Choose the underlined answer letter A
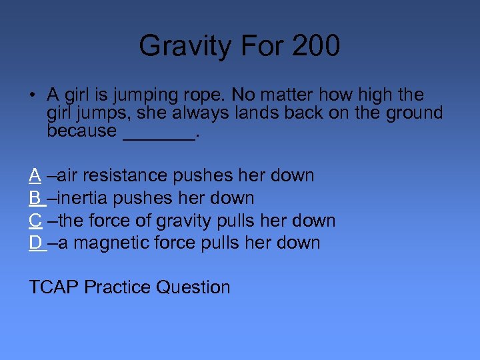[35, 175]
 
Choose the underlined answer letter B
[35, 198]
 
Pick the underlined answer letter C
[36, 220]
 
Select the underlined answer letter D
[36, 243]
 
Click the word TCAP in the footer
[54, 287]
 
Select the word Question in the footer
[193, 287]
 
